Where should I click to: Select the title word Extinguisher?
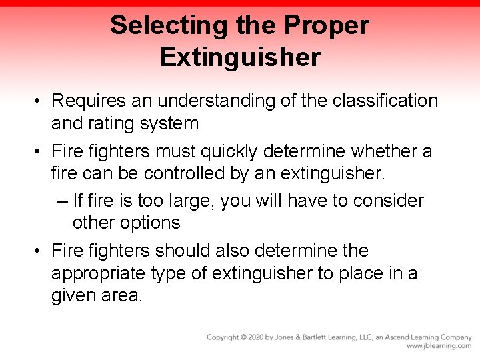pos(240,57)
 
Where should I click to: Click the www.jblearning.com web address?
pos(439,346)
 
